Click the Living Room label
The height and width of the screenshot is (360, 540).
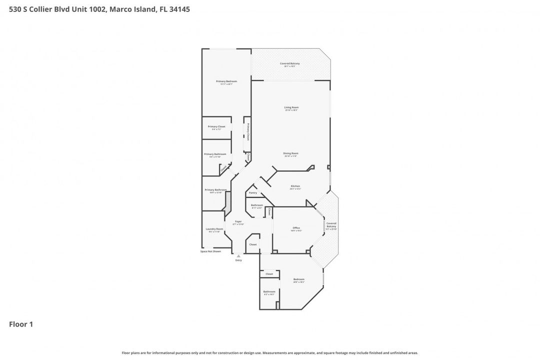pyautogui.click(x=291, y=107)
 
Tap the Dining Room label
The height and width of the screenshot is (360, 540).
pyautogui.click(x=290, y=153)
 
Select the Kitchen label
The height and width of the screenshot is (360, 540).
pyautogui.click(x=295, y=186)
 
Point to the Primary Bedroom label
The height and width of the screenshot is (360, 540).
pyautogui.click(x=226, y=81)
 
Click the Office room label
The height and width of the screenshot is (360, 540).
pyautogui.click(x=296, y=228)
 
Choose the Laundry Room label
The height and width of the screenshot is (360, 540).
pyautogui.click(x=214, y=229)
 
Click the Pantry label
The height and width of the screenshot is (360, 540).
pyautogui.click(x=253, y=192)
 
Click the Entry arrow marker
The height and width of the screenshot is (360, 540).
pyautogui.click(x=238, y=256)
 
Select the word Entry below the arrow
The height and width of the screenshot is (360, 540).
pyautogui.click(x=238, y=260)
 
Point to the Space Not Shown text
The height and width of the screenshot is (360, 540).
pyautogui.click(x=210, y=251)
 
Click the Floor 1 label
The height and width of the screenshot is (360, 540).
pyautogui.click(x=21, y=324)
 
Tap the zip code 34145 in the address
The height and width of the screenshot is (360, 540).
pyautogui.click(x=179, y=9)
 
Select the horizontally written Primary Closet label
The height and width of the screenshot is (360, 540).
pyautogui.click(x=216, y=126)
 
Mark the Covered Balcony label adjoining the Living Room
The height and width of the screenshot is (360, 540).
pyautogui.click(x=290, y=63)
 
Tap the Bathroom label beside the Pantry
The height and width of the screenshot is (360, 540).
pyautogui.click(x=257, y=205)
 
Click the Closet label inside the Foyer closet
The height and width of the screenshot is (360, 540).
pyautogui.click(x=253, y=244)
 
